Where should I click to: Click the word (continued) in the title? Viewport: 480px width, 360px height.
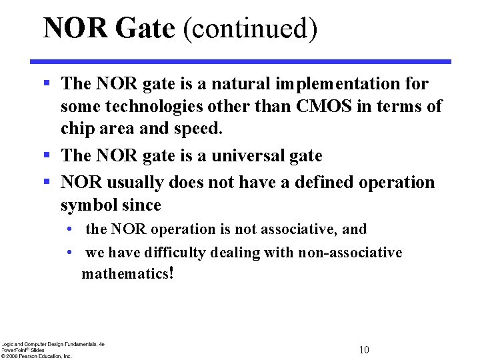pos(251,29)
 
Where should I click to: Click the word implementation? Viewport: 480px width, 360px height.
pos(339,83)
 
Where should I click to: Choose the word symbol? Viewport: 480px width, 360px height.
pos(88,205)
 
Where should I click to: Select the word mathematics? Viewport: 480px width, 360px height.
pos(125,274)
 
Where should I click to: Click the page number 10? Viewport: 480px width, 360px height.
pos(364,350)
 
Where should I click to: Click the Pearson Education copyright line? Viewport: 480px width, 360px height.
pos(37,356)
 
